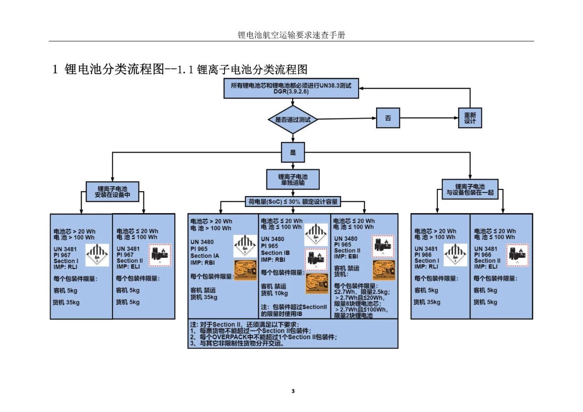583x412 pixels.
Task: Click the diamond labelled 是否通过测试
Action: (292, 120)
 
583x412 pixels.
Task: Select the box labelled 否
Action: (388, 118)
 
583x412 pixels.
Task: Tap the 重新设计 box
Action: (470, 118)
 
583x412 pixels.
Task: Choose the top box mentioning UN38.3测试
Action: (291, 88)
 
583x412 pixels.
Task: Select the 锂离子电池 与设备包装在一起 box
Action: (470, 190)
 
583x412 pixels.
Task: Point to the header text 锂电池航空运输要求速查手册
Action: (291, 35)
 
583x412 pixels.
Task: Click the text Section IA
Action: (205, 256)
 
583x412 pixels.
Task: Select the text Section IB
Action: (275, 253)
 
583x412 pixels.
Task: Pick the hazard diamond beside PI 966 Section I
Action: (455, 255)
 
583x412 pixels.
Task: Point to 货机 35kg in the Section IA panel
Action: (204, 297)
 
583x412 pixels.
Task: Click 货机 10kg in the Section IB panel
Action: (274, 293)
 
